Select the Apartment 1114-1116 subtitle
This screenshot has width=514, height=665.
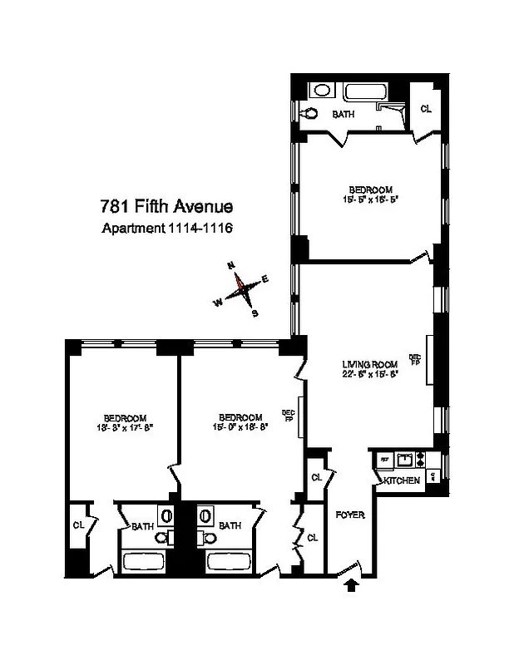[x=166, y=229]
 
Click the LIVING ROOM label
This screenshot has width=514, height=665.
[x=370, y=363]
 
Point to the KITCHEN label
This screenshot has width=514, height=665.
[x=399, y=480]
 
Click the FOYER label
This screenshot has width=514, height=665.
[x=350, y=515]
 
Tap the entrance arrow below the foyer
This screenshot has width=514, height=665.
[x=351, y=585]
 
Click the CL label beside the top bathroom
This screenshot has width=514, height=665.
[x=424, y=109]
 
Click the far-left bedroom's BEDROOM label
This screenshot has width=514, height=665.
[x=125, y=417]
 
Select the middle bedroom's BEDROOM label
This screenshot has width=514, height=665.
[x=240, y=417]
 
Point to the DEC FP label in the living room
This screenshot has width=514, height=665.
[x=414, y=360]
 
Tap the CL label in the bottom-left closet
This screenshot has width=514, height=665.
[x=79, y=525]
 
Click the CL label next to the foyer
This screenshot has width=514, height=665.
[x=316, y=478]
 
